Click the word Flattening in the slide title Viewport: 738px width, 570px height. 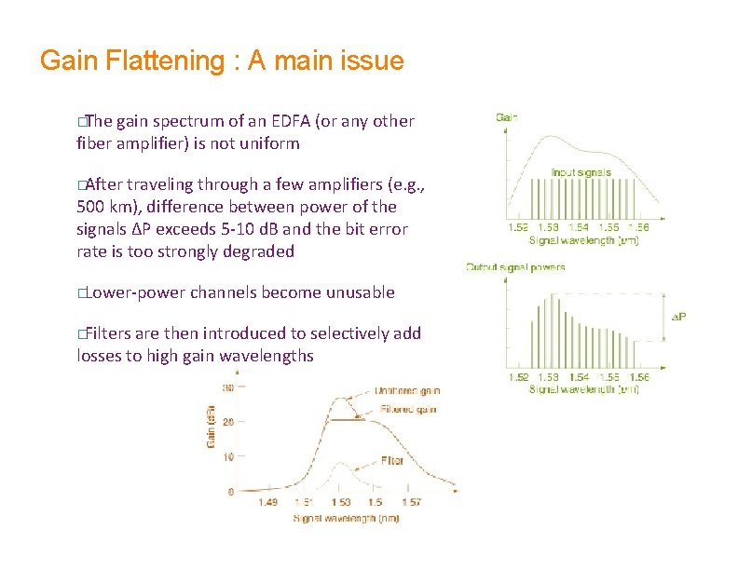(x=168, y=61)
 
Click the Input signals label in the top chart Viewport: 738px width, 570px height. (x=581, y=172)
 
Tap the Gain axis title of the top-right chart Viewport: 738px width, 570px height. (x=508, y=117)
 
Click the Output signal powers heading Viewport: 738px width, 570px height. (x=515, y=267)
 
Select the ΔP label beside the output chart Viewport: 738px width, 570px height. (x=678, y=318)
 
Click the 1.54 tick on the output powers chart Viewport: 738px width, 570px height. (x=579, y=377)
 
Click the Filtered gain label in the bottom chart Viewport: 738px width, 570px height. (x=407, y=409)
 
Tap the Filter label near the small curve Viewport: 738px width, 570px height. (x=391, y=460)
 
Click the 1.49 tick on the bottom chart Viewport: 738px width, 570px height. (x=267, y=503)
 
